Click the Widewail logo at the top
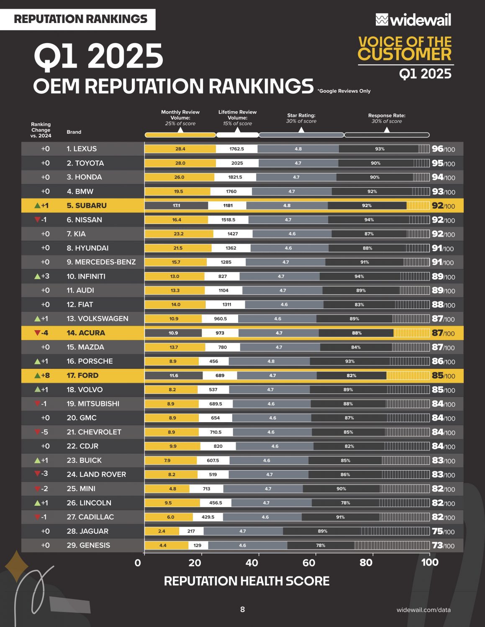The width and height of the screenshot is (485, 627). pos(413,20)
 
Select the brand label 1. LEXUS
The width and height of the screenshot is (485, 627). pos(82,149)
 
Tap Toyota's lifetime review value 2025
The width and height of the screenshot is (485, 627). pos(237,163)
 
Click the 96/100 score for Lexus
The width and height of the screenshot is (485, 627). pos(443,149)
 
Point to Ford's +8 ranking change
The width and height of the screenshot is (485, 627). pos(42,375)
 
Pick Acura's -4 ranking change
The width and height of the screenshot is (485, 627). pos(41,333)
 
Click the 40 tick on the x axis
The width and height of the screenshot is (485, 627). pos(252,563)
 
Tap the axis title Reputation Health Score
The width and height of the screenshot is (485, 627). pos(246,581)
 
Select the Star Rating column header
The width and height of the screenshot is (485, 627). pos(301,118)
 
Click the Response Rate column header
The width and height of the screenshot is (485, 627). pos(387,118)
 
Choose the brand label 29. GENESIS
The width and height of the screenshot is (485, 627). pos(88,545)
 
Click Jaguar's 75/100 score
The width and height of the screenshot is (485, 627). pos(443,531)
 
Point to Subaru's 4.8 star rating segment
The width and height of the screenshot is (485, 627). pos(287,206)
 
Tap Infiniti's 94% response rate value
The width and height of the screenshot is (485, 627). pos(359,276)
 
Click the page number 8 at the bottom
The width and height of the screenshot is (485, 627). pos(242,609)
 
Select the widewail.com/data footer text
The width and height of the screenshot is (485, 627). pos(423,610)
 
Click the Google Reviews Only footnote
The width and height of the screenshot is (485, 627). pos(344,91)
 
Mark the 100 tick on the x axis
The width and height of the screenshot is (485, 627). pos(430,563)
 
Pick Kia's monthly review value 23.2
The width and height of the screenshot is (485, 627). pos(179,234)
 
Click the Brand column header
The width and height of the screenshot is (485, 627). pos(74,132)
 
